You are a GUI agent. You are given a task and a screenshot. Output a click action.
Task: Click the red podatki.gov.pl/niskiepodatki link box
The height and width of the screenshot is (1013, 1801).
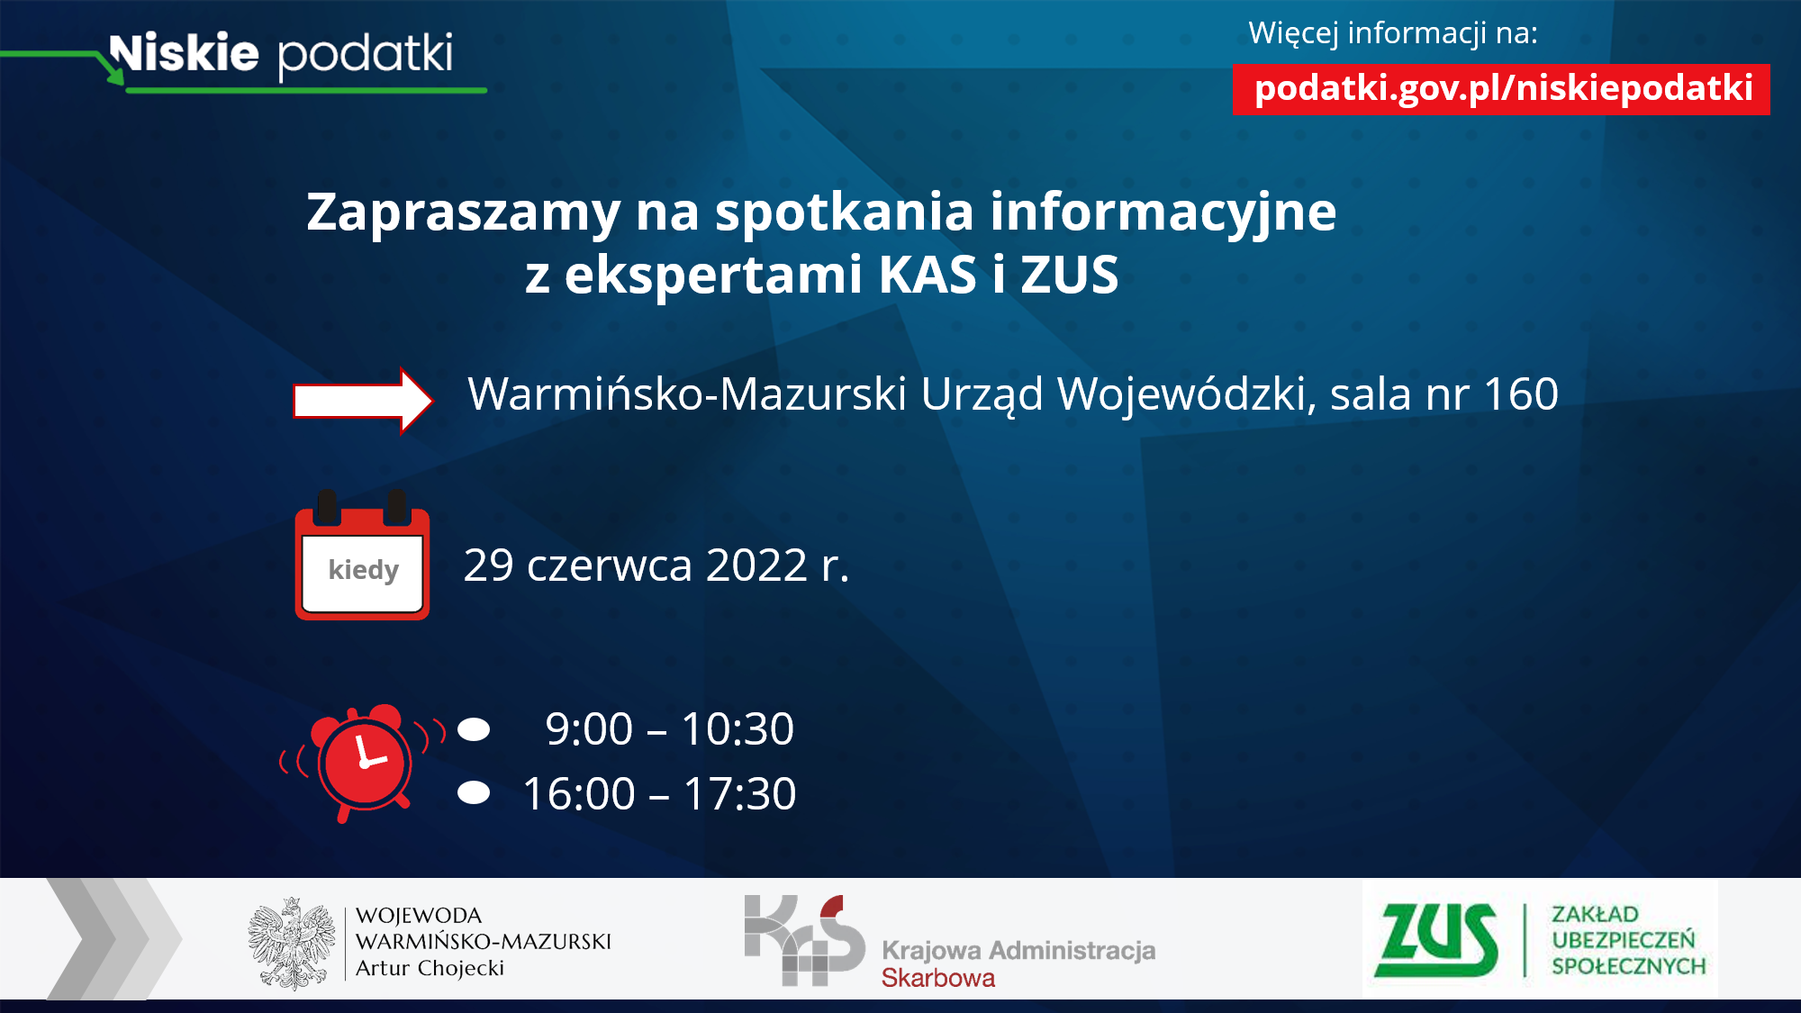coord(1501,89)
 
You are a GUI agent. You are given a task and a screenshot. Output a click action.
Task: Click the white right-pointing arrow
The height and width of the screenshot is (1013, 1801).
coord(363,401)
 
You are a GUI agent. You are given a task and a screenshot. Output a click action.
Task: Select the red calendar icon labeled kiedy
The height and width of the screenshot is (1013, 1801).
coord(362,556)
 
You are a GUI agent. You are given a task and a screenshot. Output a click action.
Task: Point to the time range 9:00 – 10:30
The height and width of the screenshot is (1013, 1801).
coord(669,728)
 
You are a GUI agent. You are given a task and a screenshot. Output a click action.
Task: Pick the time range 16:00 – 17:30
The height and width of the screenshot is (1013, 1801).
coord(659,793)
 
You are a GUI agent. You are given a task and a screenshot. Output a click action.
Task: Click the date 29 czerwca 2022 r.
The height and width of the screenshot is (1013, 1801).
coord(656,565)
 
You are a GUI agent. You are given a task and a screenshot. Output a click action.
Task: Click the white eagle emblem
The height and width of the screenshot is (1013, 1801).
coord(291,943)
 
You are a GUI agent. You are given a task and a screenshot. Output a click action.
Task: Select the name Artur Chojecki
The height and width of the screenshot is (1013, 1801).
coord(430,968)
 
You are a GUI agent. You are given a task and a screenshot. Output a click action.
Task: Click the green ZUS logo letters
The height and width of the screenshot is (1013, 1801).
coord(1436,940)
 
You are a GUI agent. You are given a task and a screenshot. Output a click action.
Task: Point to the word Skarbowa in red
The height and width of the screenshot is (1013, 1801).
coord(938,978)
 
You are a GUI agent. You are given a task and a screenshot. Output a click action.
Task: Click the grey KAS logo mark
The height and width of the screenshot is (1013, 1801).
coord(804,940)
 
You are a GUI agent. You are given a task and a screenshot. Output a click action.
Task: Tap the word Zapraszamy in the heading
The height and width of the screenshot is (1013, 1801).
coord(464,213)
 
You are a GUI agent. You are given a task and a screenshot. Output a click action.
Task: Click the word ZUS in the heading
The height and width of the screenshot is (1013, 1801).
coord(1070,274)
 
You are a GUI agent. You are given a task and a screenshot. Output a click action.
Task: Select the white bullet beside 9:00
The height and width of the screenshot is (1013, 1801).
coord(474,728)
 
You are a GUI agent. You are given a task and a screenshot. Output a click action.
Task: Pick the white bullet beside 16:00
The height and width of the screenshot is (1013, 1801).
coord(474,792)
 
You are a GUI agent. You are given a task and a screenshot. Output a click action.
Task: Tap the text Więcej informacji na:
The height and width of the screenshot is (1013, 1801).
coord(1393,33)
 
